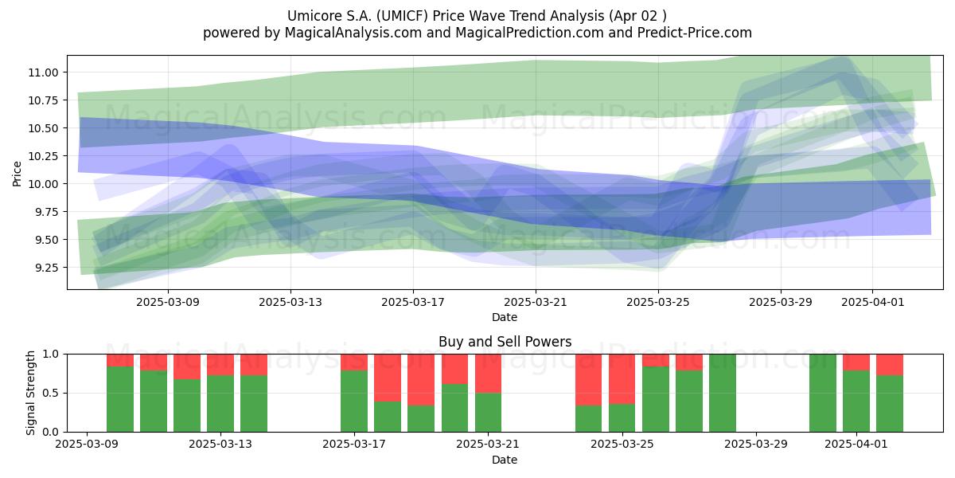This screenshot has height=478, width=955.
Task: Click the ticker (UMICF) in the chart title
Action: [x=402, y=16]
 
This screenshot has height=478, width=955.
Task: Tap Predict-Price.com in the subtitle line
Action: [x=695, y=33]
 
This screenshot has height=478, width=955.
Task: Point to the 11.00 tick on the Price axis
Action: [x=43, y=72]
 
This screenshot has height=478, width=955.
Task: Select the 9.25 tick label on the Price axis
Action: [x=43, y=268]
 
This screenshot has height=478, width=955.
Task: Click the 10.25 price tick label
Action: [x=43, y=156]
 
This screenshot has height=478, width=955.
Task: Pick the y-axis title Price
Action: [x=17, y=174]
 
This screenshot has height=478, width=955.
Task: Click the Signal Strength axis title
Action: [x=30, y=393]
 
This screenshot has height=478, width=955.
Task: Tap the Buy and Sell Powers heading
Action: [x=505, y=342]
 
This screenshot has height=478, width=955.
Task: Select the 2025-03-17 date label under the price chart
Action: [x=413, y=303]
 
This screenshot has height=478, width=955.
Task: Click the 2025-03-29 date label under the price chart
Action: [x=781, y=303]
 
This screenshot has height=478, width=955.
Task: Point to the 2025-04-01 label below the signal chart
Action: [x=856, y=445]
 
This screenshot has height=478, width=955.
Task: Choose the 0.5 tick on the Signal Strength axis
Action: [x=50, y=393]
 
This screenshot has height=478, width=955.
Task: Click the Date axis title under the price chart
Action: [x=505, y=317]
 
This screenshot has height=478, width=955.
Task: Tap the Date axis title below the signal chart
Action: [x=505, y=460]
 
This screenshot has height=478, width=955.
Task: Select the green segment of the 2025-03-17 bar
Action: [x=354, y=402]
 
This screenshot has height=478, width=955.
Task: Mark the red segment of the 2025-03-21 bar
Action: [x=488, y=374]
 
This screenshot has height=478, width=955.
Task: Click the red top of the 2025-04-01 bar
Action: [x=856, y=362]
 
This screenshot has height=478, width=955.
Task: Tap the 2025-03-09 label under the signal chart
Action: [x=87, y=445]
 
